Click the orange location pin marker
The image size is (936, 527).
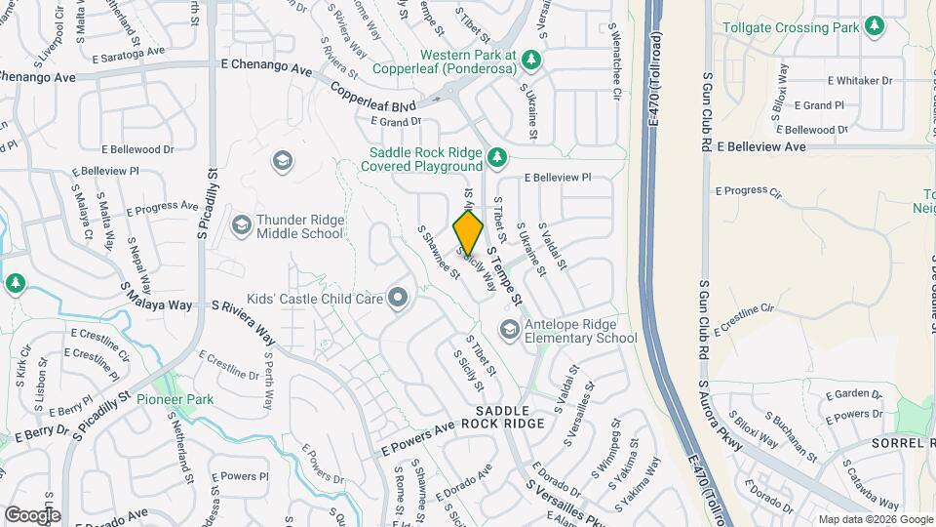(468, 232)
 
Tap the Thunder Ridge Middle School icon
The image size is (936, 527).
(241, 226)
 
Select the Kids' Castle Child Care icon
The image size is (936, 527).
(397, 297)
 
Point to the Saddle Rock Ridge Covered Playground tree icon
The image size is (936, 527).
(496, 157)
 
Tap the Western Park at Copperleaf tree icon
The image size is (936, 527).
(531, 61)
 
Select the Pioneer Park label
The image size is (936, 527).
(175, 399)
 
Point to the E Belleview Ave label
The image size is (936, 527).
(761, 146)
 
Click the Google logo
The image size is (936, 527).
(32, 514)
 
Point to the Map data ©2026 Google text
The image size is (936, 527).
(874, 519)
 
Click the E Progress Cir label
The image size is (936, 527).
(749, 192)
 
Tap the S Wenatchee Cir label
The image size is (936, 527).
(616, 72)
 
